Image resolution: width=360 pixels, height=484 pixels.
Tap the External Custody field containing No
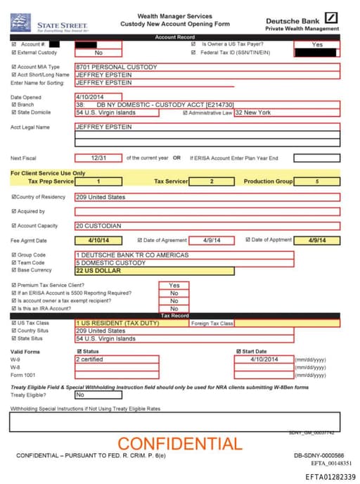pyautogui.click(x=98, y=52)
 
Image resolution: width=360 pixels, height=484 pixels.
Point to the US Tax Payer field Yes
pyautogui.click(x=316, y=44)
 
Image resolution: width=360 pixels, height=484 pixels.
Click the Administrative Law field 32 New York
pyautogui.click(x=286, y=112)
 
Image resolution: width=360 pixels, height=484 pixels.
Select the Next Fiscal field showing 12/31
pyautogui.click(x=98, y=158)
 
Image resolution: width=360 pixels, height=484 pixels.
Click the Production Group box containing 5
pyautogui.click(x=316, y=181)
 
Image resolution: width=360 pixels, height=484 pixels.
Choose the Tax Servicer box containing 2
pyautogui.click(x=212, y=181)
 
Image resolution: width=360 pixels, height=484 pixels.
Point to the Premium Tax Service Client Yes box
pyautogui.click(x=174, y=286)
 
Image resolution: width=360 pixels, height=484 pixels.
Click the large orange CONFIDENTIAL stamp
pyautogui.click(x=179, y=443)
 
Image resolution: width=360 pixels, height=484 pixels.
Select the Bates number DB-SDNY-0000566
pyautogui.click(x=319, y=456)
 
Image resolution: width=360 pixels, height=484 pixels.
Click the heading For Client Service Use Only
pyautogui.click(x=48, y=172)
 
